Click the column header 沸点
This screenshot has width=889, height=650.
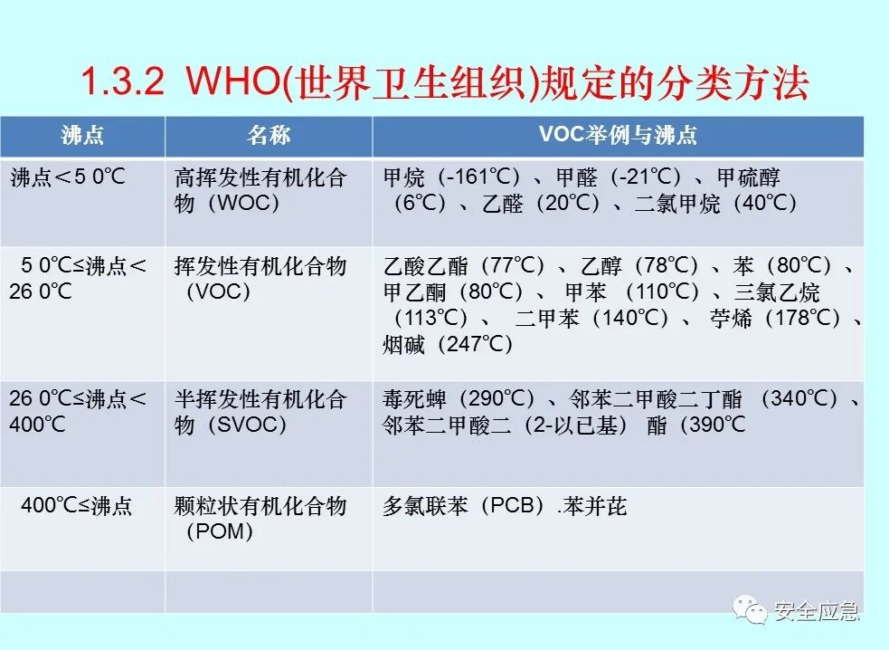coord(82,136)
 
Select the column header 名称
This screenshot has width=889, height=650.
coord(269,136)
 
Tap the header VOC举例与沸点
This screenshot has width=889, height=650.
coord(618,136)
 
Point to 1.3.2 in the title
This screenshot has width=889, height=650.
coord(122,84)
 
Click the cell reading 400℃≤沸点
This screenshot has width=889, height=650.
coord(76,506)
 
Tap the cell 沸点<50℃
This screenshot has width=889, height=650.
coord(68,177)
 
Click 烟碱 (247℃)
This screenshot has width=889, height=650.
coord(449,344)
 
